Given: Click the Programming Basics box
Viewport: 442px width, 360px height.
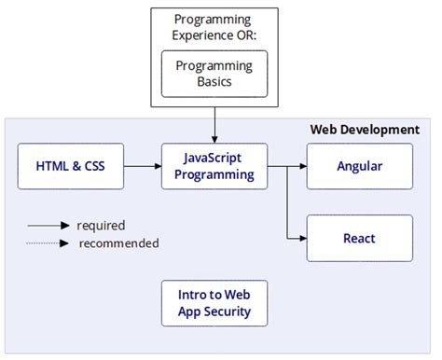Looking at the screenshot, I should point(214,74).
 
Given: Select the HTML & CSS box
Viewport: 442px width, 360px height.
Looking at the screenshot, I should point(71,167).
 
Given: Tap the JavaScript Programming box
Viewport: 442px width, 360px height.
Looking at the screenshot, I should point(214,167).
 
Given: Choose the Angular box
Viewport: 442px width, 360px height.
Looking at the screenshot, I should point(359,167).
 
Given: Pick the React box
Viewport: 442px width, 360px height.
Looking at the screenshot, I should point(359,238).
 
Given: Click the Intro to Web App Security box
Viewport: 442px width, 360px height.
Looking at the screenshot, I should point(214,304).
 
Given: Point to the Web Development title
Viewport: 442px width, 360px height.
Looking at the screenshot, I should point(364,130).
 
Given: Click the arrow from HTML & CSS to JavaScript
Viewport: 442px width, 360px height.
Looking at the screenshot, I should point(143,167).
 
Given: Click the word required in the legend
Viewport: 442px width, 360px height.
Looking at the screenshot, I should point(101,225).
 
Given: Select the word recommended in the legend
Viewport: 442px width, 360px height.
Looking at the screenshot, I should point(118,243).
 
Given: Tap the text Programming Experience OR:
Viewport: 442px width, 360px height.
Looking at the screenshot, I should point(214,27).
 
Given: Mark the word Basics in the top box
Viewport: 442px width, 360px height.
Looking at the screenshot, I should point(214,82).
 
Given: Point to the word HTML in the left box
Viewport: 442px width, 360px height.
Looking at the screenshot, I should point(53,167).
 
